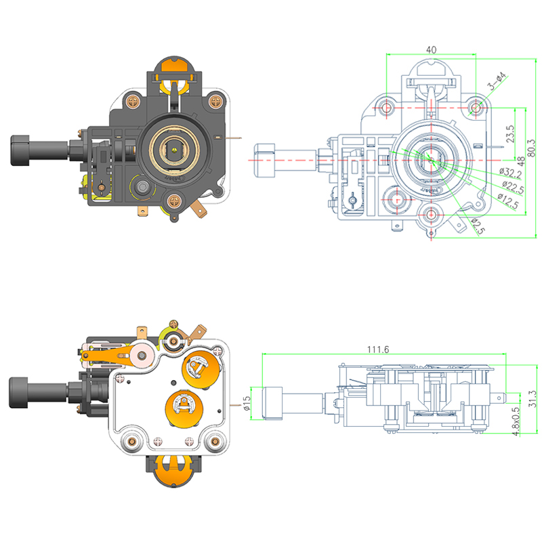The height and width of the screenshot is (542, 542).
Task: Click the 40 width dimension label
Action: point(432,49)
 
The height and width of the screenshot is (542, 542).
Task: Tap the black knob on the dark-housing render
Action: point(22,150)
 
